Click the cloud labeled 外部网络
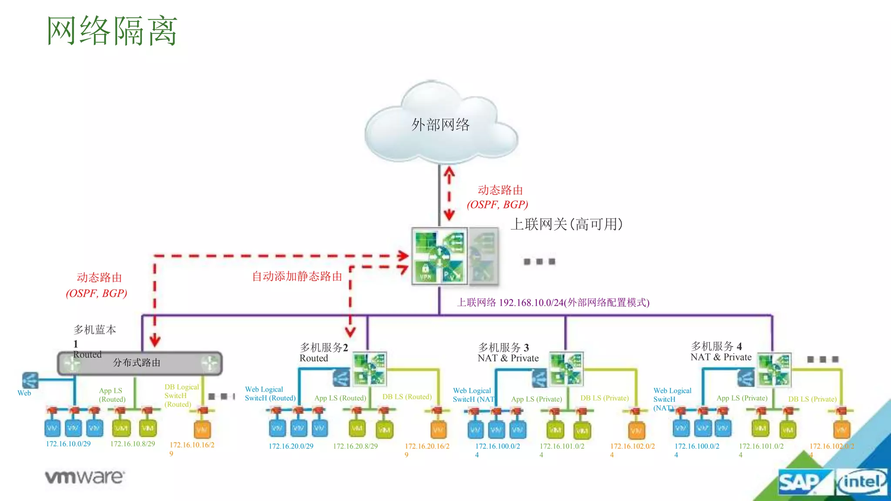(440, 124)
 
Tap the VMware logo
(85, 477)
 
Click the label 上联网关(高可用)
(566, 224)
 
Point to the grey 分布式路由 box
(139, 363)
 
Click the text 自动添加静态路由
(297, 277)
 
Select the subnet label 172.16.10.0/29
(68, 444)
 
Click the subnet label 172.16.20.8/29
(355, 446)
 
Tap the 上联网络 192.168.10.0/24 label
(553, 303)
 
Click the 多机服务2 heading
(324, 347)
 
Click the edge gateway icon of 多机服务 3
(566, 369)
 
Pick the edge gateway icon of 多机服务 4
(774, 370)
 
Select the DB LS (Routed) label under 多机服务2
(407, 397)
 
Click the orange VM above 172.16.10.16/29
(202, 429)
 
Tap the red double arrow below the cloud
(449, 194)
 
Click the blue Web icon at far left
(30, 381)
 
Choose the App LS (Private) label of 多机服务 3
(536, 399)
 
